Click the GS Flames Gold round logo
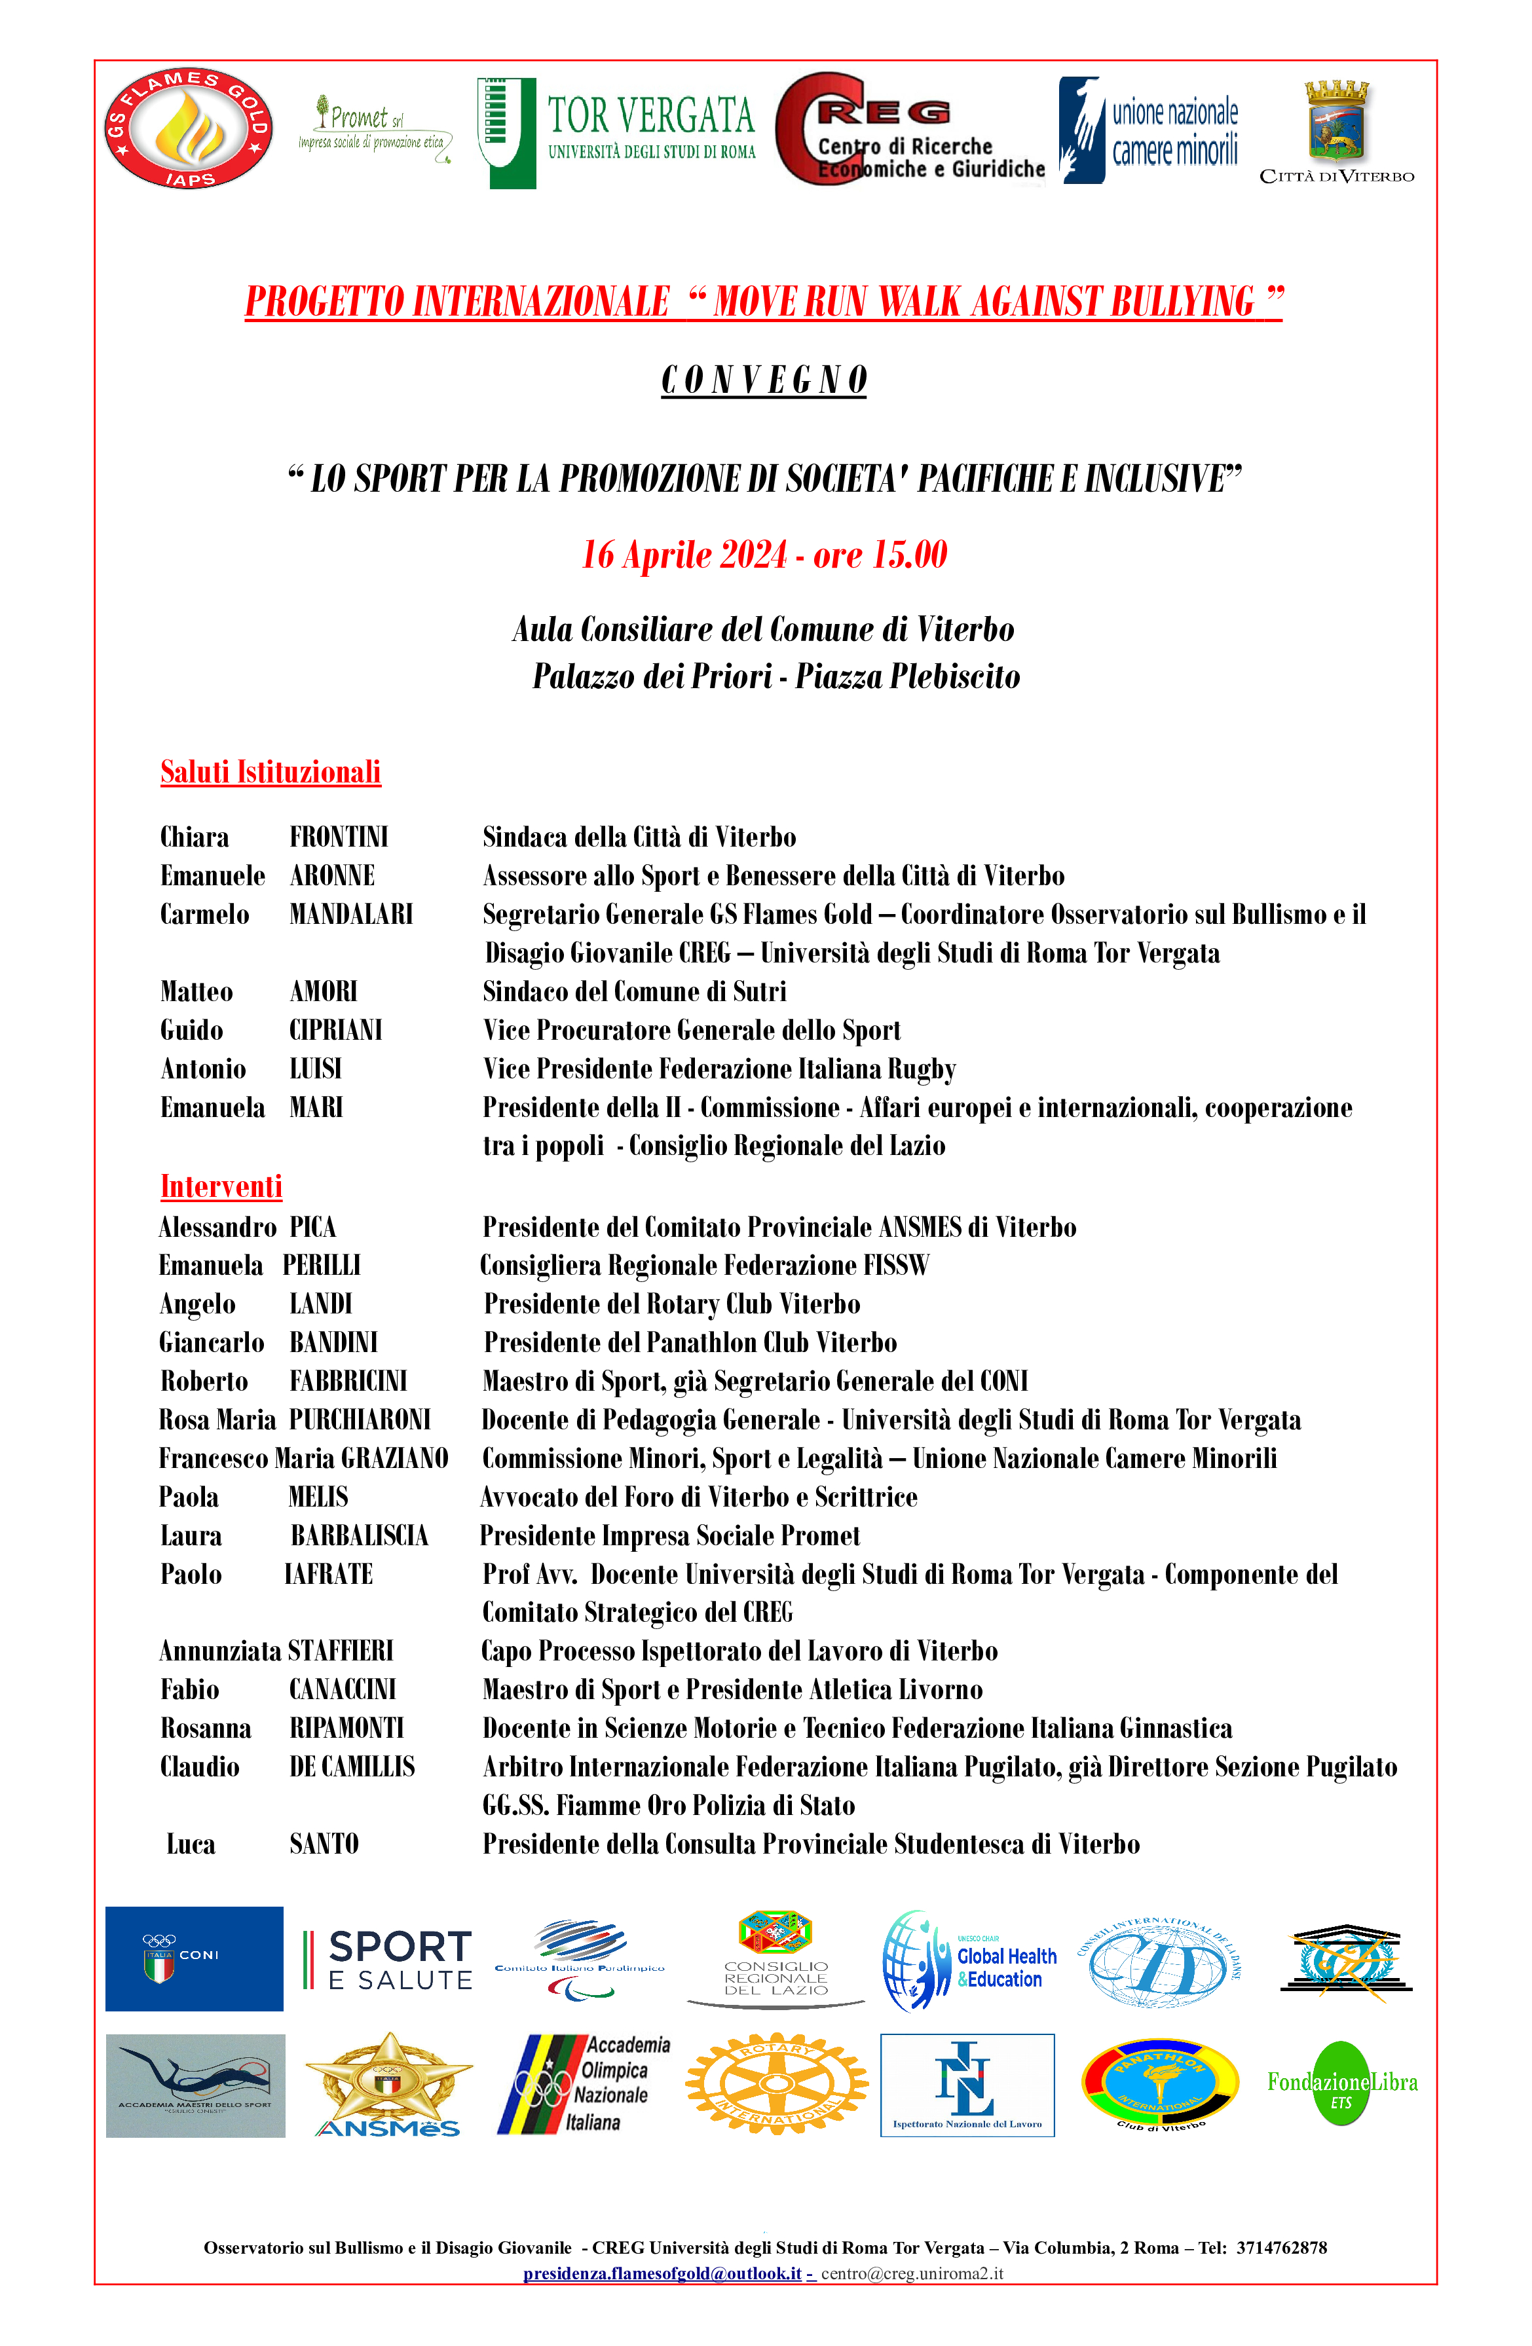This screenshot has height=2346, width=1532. tap(188, 128)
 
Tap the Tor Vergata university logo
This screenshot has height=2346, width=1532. tap(616, 133)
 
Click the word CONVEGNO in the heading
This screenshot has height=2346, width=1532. tap(764, 380)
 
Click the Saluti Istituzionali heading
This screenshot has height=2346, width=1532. tap(270, 772)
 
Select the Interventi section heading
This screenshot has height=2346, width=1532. tap(221, 1186)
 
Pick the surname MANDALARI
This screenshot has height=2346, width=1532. tap(351, 914)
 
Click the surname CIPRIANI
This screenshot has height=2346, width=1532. tap(335, 1030)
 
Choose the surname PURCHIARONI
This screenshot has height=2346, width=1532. tap(360, 1420)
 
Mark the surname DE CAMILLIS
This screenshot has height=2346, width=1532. tap(352, 1767)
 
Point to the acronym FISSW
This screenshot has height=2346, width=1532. tap(896, 1265)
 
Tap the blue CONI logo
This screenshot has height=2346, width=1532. tap(195, 1958)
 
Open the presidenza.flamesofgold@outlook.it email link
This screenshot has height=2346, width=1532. tap(662, 2274)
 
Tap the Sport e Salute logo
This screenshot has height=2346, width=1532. tap(388, 1960)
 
